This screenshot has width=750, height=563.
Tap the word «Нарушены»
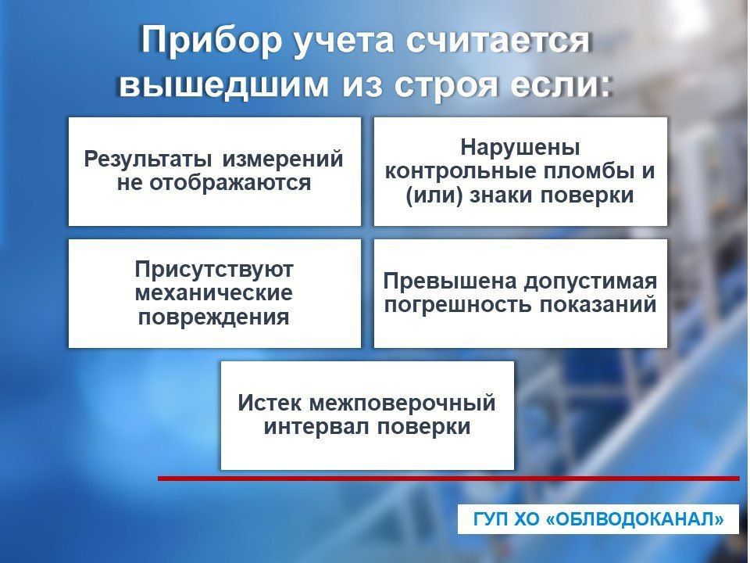(x=520, y=147)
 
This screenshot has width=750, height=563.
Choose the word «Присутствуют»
(x=214, y=270)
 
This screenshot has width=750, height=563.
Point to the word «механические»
(x=214, y=293)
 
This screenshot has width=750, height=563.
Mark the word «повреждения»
(x=214, y=317)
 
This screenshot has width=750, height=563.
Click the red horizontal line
(x=448, y=478)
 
